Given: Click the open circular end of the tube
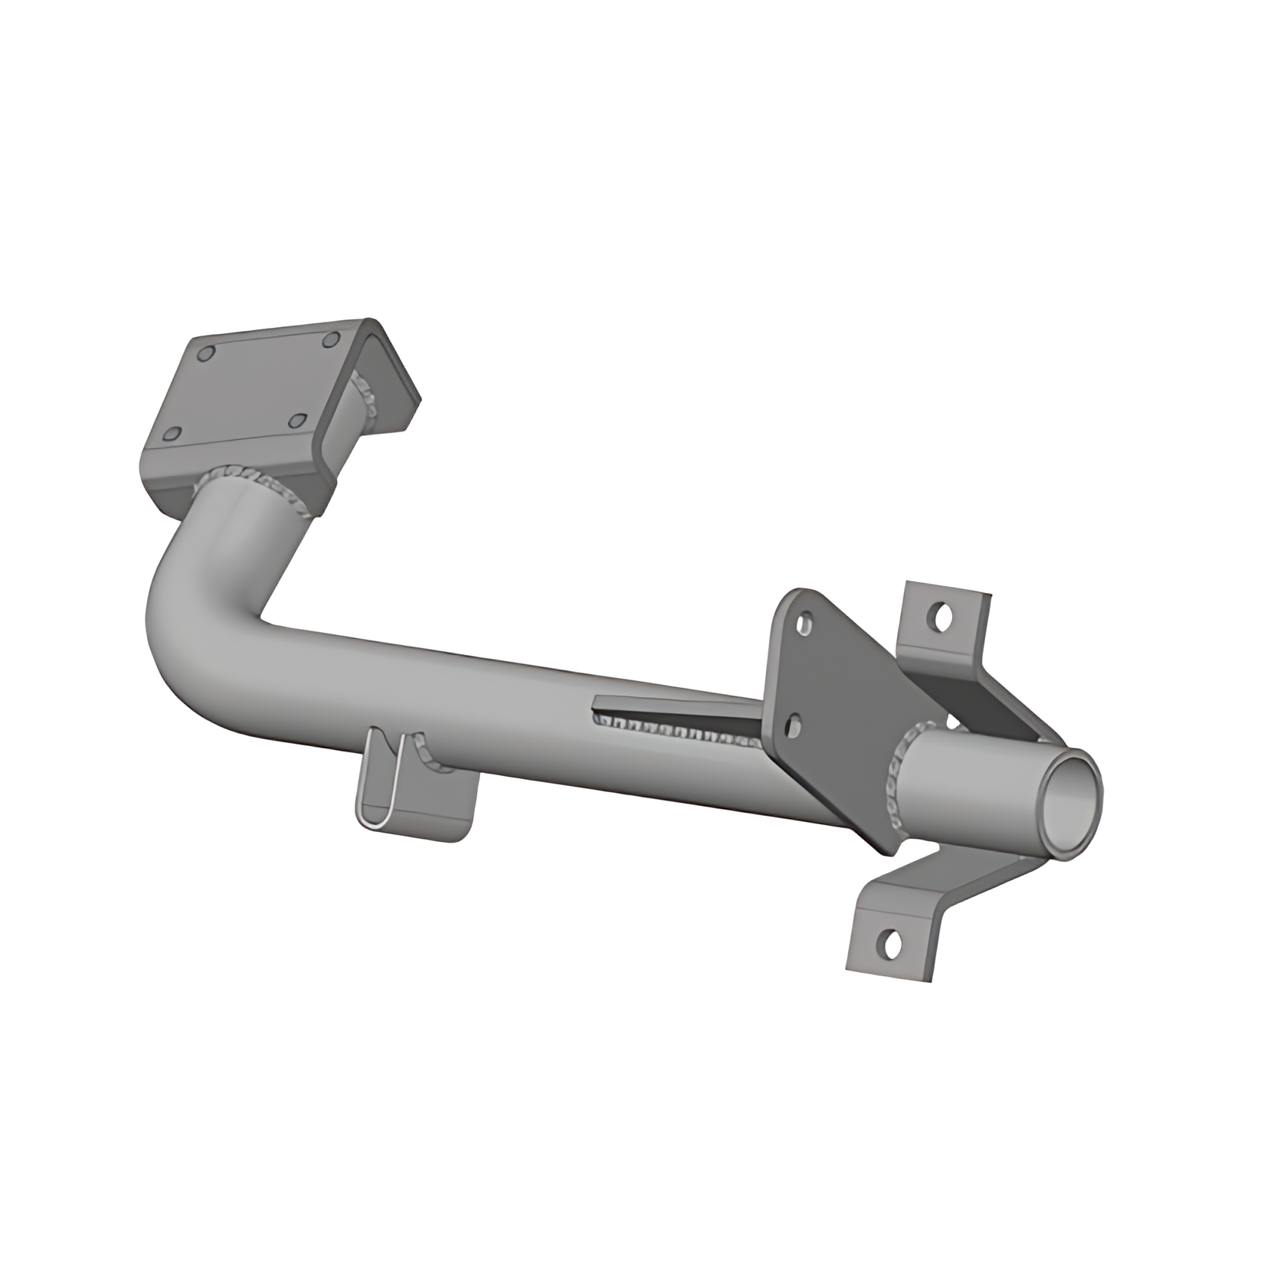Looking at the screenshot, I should pyautogui.click(x=1069, y=803).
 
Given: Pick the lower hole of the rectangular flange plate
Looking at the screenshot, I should pyautogui.click(x=792, y=725).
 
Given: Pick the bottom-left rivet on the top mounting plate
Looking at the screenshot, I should pyautogui.click(x=173, y=434).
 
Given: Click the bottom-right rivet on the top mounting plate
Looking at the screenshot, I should pyautogui.click(x=297, y=421).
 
